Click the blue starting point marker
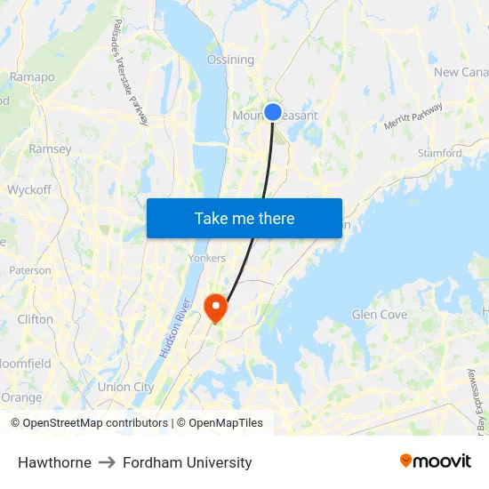273,112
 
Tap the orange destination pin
215,307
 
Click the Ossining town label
230,60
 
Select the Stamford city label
440,153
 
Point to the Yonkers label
206,258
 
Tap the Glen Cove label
380,315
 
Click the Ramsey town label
50,149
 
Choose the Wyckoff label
29,189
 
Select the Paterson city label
30,270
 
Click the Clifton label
36,319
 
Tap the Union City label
125,387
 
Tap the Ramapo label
32,77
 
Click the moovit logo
435,461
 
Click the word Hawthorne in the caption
54,462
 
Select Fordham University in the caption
188,462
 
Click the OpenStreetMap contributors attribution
89,423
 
